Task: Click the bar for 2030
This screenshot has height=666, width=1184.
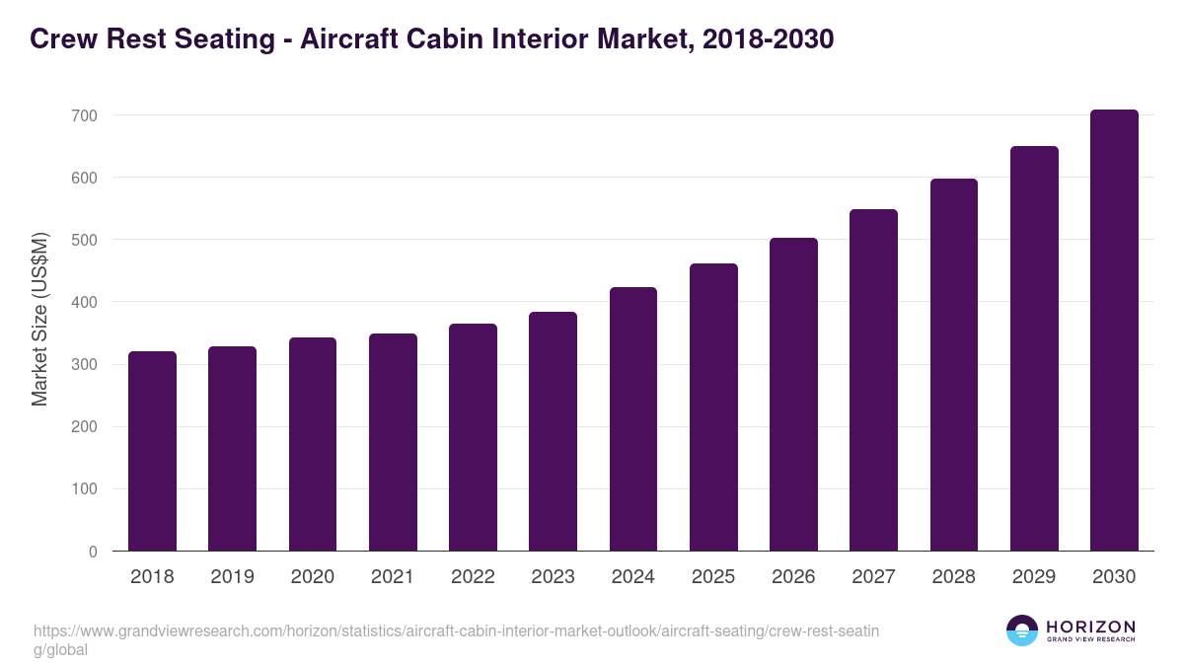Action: coord(1114,331)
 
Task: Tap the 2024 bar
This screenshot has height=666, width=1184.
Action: coord(633,419)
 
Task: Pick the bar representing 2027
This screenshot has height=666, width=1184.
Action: coord(873,380)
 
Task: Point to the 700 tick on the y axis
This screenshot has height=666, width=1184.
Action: coord(84,115)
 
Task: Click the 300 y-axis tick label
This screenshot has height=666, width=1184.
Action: coord(84,365)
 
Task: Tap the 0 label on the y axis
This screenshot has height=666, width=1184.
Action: coord(93,552)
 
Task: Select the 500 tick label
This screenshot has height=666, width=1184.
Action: coord(84,240)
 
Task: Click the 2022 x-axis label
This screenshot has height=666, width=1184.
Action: coord(473,577)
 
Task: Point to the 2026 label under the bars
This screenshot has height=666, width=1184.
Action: coord(793,577)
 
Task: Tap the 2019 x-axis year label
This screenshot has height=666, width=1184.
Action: coord(232,577)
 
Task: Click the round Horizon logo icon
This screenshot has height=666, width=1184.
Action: coord(1021,630)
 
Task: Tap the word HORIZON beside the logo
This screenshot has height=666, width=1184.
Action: coord(1090,627)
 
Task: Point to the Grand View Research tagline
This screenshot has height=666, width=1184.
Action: coord(1090,639)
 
